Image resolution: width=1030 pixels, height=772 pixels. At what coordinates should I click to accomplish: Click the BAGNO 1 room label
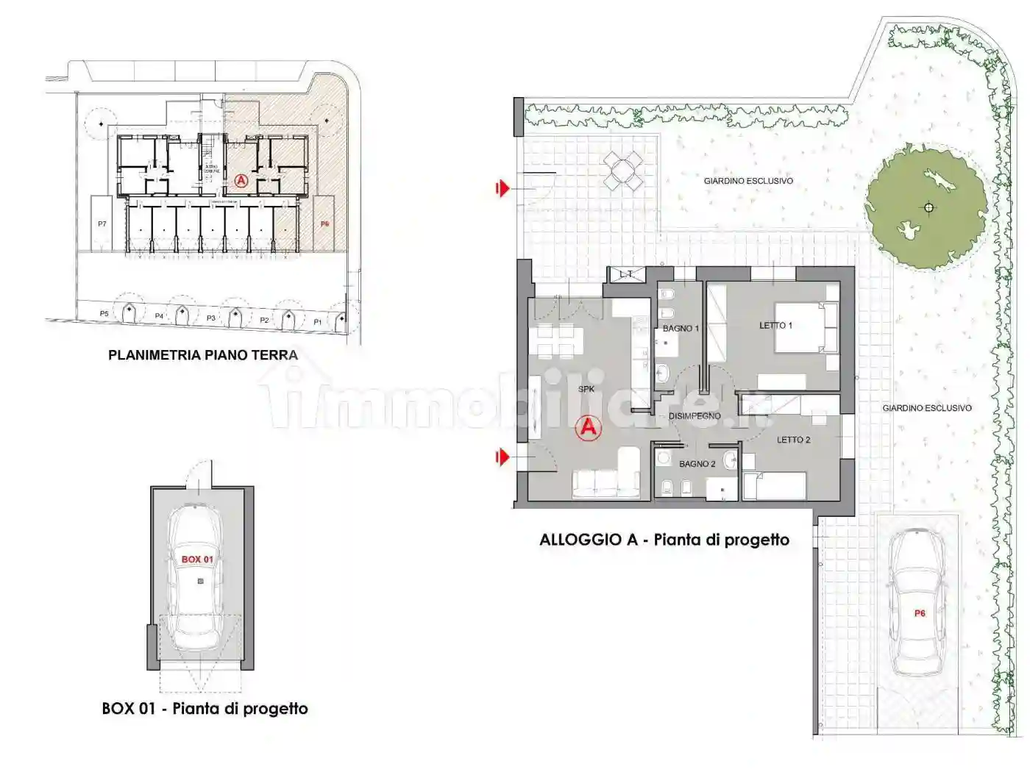(x=681, y=328)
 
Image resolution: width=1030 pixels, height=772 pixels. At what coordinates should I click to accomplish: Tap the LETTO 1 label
(x=775, y=325)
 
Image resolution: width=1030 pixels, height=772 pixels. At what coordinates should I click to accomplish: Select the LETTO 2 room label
(x=793, y=440)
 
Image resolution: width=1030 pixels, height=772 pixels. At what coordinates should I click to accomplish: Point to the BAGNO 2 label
(x=697, y=464)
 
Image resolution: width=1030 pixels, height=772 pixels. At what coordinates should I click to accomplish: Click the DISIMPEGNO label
(x=695, y=416)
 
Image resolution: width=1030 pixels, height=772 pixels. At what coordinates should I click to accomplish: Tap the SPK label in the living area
(x=586, y=389)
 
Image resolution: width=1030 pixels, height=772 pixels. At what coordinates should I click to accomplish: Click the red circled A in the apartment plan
(x=588, y=427)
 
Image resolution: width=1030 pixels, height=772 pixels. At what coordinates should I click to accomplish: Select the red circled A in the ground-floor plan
(x=241, y=180)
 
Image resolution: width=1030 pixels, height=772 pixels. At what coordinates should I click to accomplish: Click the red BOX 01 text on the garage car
(x=197, y=560)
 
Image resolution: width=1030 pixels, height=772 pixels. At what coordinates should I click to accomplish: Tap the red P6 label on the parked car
(x=920, y=613)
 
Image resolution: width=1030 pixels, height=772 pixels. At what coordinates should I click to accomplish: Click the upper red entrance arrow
(x=502, y=189)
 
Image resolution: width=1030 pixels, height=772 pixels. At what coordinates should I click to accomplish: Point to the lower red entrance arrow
(x=502, y=457)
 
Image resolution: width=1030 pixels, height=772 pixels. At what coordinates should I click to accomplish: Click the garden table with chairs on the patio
(x=623, y=171)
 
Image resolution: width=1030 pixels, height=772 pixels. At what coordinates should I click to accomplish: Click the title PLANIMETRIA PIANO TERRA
(x=203, y=355)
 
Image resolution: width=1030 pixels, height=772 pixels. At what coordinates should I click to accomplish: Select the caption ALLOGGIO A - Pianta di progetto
(x=664, y=540)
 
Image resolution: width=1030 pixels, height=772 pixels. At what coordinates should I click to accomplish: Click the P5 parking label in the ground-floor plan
(x=104, y=314)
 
